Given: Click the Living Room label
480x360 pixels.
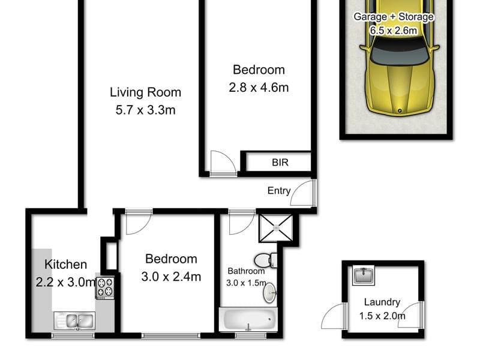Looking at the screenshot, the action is click(145, 92).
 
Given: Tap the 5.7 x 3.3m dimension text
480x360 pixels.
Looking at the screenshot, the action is click(145, 110).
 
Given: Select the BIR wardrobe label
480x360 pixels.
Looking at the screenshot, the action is click(280, 162).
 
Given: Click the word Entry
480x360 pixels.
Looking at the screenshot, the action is click(279, 191).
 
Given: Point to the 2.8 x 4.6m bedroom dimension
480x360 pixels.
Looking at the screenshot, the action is click(259, 88).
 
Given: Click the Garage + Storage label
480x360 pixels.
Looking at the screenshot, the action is click(394, 17).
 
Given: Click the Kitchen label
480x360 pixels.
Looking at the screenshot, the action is click(65, 265).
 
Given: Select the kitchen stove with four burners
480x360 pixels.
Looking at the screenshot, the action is click(106, 287).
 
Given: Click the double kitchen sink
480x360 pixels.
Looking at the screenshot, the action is click(74, 321).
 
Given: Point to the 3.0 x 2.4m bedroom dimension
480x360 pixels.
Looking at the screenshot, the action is click(171, 277).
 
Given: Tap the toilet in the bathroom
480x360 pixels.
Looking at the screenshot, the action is click(266, 260).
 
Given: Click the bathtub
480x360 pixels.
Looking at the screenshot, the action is click(248, 319).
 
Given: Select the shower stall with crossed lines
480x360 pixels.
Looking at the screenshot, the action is click(276, 228).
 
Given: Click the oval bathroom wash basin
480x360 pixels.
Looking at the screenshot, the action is click(269, 293).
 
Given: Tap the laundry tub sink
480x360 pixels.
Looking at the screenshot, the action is click(364, 275).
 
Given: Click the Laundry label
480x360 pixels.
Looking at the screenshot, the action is click(382, 302).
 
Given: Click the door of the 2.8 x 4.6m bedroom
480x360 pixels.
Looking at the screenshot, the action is click(223, 163).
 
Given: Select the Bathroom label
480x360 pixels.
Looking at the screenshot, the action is click(246, 271).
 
